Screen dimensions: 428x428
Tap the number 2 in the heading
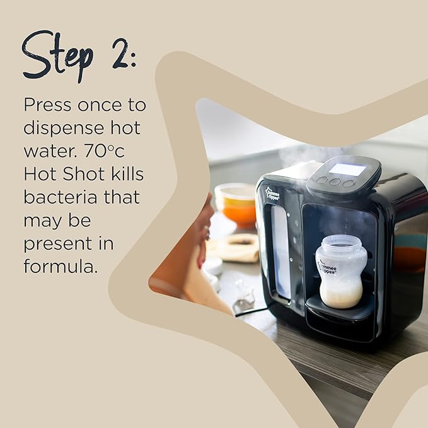coord(122,53)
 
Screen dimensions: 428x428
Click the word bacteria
coord(57,197)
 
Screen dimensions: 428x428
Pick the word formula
coord(61,265)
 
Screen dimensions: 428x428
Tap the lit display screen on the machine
coord(347,169)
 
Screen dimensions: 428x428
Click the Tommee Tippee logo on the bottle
coord(327,267)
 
